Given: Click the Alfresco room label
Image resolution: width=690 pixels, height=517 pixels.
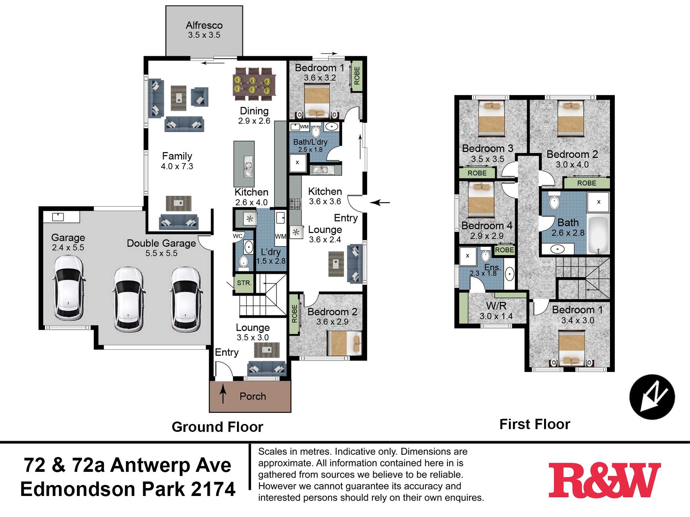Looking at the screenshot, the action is [x=204, y=25].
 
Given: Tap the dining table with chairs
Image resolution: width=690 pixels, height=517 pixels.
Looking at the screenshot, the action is [x=254, y=84].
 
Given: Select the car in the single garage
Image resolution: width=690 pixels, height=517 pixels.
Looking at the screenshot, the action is [x=69, y=288].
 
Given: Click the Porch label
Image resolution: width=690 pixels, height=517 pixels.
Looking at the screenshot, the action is [x=253, y=396].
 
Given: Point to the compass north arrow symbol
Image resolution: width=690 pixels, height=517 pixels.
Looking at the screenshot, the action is [x=652, y=397].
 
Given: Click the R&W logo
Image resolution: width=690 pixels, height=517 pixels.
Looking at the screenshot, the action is [x=604, y=480].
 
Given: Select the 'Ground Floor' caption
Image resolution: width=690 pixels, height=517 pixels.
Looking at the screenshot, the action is [x=217, y=427].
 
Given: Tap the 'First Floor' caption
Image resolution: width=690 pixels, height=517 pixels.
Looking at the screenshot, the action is [x=535, y=424].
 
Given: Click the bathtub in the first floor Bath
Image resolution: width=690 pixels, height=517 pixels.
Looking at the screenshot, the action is [x=598, y=235].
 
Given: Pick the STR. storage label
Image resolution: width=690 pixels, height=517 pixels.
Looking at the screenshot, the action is [x=244, y=283].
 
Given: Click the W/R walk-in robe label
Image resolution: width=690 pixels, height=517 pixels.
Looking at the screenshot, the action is [x=496, y=306].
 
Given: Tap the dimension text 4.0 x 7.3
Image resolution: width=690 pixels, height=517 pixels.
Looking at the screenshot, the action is [x=177, y=166].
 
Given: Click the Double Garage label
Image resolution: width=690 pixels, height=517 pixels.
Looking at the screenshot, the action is [x=161, y=243].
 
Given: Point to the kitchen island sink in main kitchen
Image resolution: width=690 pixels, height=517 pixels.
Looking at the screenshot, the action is [x=248, y=166].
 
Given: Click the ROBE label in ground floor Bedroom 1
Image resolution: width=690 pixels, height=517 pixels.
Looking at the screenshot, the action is [x=357, y=76].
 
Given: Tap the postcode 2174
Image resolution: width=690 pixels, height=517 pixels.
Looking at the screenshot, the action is [x=213, y=489].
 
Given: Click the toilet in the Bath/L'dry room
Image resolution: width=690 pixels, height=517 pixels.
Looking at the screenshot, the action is [x=316, y=131].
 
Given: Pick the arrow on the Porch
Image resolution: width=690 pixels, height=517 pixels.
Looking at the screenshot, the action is [x=223, y=393].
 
